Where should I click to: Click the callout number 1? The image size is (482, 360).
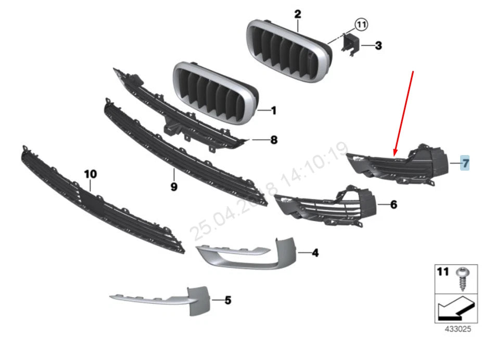pyautogui.click(x=274, y=110)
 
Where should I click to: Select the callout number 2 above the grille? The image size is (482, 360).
pyautogui.click(x=297, y=14)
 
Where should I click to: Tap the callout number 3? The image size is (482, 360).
pyautogui.click(x=378, y=46)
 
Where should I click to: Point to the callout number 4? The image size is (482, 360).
pyautogui.click(x=315, y=253)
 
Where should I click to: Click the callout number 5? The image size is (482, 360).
pyautogui.click(x=227, y=300)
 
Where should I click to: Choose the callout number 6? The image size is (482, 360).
pyautogui.click(x=394, y=205)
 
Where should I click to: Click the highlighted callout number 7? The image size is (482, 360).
pyautogui.click(x=465, y=163)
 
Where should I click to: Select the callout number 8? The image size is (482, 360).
pyautogui.click(x=274, y=140)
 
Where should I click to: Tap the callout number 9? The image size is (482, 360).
pyautogui.click(x=174, y=186)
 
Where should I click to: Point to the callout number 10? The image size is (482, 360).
pyautogui.click(x=90, y=173)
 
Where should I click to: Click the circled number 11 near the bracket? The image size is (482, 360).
pyautogui.click(x=361, y=23)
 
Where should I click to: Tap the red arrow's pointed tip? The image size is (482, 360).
pyautogui.click(x=395, y=156)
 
